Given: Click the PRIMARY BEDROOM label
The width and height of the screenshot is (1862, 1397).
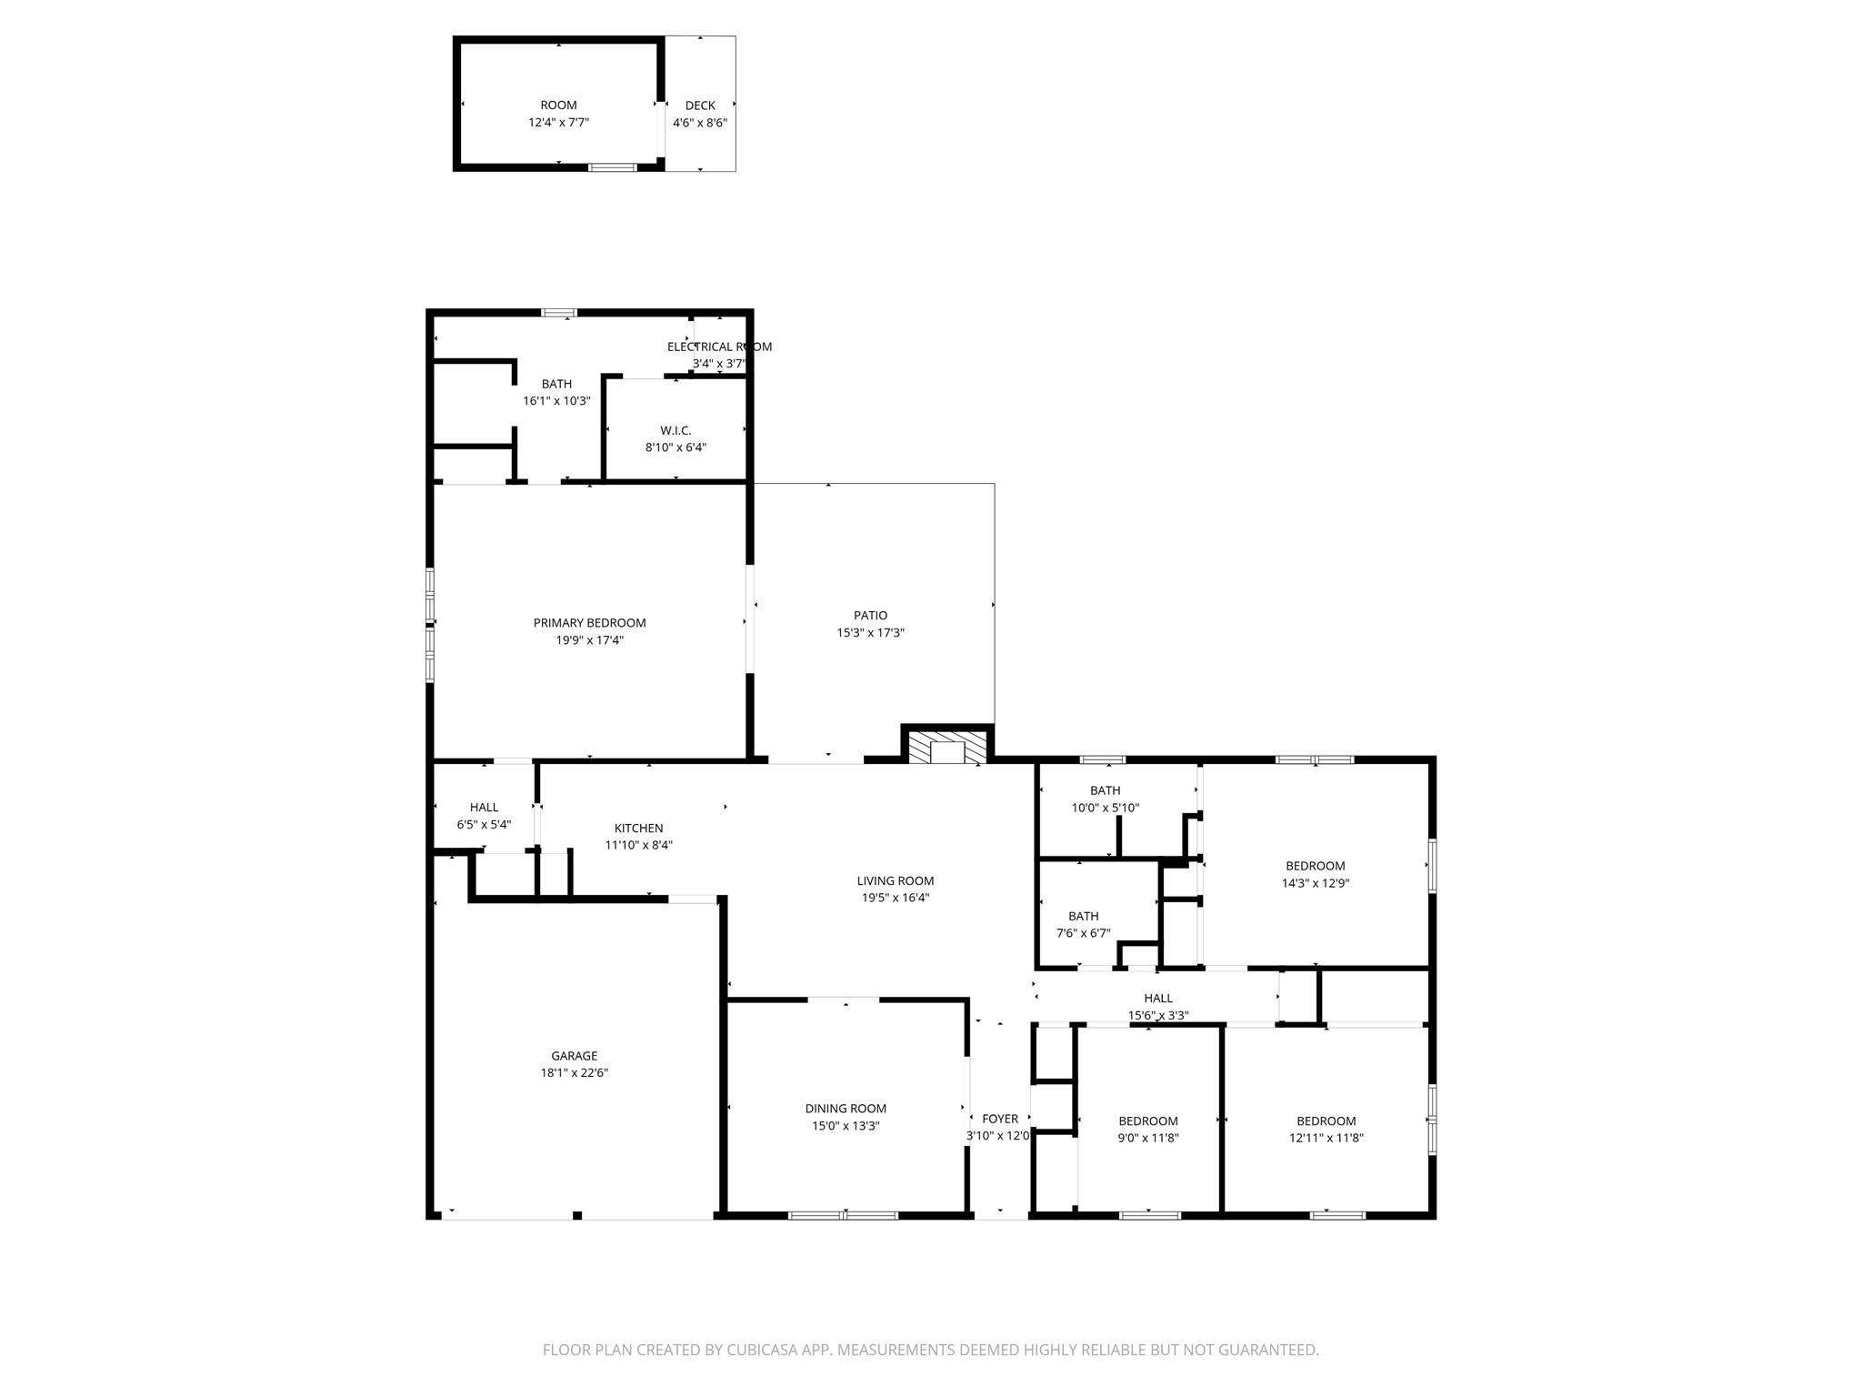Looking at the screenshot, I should click(589, 623).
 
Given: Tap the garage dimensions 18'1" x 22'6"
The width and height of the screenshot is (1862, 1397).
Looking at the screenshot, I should click(574, 1073).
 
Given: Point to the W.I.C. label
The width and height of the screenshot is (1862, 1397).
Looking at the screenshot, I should click(676, 430).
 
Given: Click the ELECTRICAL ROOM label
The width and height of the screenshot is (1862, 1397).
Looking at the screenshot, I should click(719, 347).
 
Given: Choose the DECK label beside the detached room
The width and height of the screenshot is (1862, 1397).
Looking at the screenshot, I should click(699, 106).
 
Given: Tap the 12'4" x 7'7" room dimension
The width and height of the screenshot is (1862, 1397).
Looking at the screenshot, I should click(558, 122).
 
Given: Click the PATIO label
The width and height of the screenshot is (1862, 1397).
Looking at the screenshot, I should click(870, 616).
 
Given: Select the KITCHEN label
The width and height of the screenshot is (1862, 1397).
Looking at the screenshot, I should click(638, 829).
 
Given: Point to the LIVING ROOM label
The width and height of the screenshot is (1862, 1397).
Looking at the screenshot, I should click(895, 880).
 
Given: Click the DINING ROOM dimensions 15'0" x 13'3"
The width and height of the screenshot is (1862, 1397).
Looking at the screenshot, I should click(846, 1126).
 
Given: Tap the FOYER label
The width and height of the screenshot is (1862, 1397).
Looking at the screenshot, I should click(1000, 1120).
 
